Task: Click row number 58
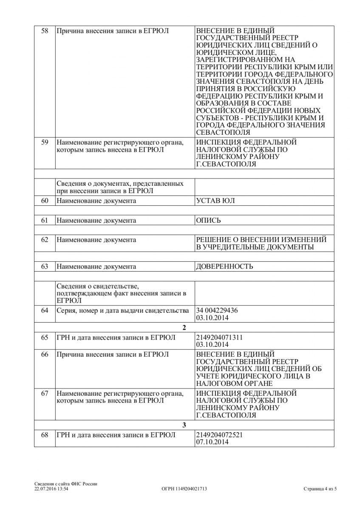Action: pyautogui.click(x=45, y=31)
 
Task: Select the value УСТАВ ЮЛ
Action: pyautogui.click(x=215, y=201)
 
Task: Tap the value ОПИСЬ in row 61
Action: pyautogui.click(x=208, y=220)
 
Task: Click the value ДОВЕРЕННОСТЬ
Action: pyautogui.click(x=224, y=266)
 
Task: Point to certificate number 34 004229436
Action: pyautogui.click(x=217, y=310)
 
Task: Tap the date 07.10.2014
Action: pyautogui.click(x=212, y=442)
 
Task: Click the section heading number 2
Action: pyautogui.click(x=184, y=328)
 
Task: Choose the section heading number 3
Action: pyautogui.click(x=184, y=425)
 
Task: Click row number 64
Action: pyautogui.click(x=45, y=310)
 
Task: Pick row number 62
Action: pyautogui.click(x=45, y=240)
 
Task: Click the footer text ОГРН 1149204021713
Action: pyautogui.click(x=184, y=489)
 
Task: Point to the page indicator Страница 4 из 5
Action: pyautogui.click(x=320, y=489)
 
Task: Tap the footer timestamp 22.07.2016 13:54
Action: pyautogui.click(x=51, y=489)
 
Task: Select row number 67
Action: pyautogui.click(x=45, y=394)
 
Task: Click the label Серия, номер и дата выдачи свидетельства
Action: pyautogui.click(x=122, y=310)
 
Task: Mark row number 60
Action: pyautogui.click(x=45, y=201)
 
